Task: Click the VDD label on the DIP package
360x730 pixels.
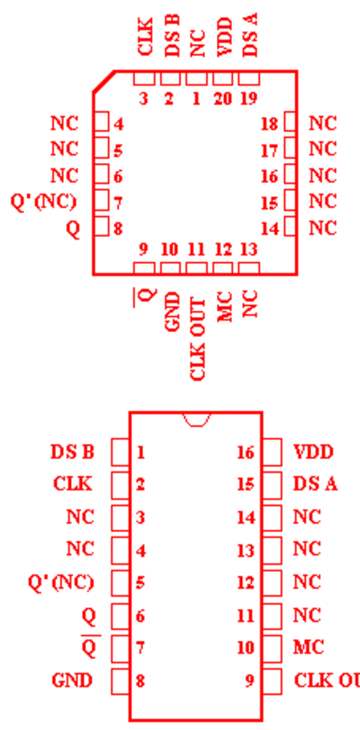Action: tap(313, 452)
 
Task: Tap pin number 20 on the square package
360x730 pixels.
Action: tap(222, 99)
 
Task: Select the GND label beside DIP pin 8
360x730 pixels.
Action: tap(72, 680)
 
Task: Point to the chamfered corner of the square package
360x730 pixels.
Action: tap(103, 82)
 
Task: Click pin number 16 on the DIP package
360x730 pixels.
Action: tap(246, 452)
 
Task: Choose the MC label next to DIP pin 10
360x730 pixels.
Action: tap(309, 647)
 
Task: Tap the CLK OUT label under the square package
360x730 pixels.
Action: tap(198, 339)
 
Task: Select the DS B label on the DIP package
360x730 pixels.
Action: tap(72, 452)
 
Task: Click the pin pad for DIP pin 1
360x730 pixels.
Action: tap(121, 452)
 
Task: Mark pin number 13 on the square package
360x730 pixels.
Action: tap(248, 250)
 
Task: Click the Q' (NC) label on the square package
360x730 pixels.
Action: tap(43, 203)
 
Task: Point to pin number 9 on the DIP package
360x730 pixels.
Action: tap(249, 680)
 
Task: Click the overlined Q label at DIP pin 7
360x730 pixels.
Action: tap(88, 647)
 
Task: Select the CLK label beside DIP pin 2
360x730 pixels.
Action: tap(73, 484)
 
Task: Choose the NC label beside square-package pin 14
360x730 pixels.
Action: tap(322, 229)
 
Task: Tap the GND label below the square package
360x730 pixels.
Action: tap(172, 311)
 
